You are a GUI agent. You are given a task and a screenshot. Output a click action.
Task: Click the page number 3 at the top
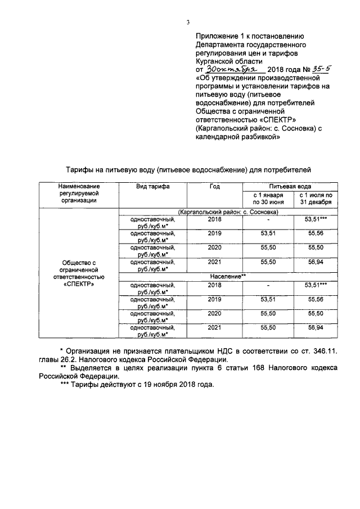click(188, 22)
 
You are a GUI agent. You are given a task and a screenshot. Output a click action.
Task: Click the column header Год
click(215, 186)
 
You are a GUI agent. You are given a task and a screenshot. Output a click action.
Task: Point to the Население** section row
click(228, 276)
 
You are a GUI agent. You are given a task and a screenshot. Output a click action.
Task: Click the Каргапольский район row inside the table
click(228, 212)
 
